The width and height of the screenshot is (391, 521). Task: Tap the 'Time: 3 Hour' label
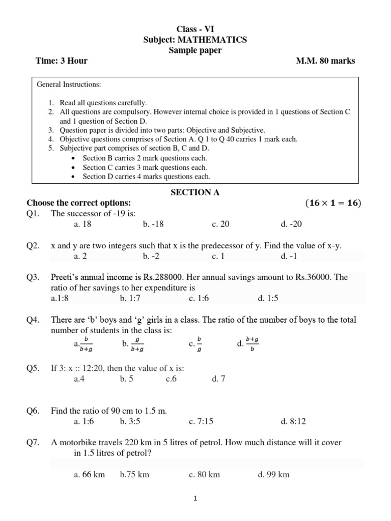62,61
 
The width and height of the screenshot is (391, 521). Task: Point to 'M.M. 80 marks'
326,61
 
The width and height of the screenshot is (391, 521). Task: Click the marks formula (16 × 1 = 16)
333,203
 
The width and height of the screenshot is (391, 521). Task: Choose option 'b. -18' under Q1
153,224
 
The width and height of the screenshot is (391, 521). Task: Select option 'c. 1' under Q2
218,256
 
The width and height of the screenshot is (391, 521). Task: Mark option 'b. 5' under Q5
127,379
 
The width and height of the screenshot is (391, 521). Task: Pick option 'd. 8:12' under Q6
293,421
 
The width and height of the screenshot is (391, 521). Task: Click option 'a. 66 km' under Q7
89,474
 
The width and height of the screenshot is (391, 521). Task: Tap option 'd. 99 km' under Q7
273,474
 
